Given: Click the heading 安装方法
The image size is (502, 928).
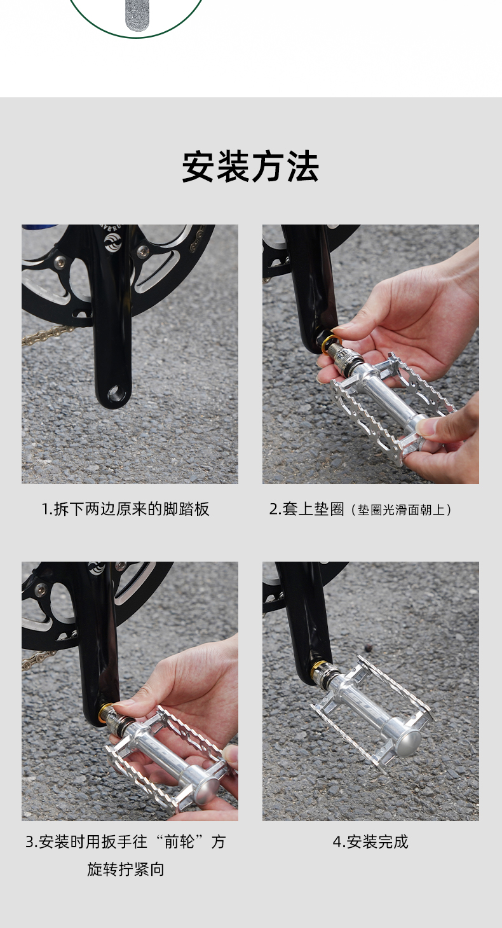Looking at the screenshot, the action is [x=250, y=167].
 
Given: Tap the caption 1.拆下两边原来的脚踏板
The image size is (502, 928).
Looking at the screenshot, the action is [x=125, y=509].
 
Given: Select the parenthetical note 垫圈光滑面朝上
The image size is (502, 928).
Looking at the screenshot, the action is [x=402, y=509].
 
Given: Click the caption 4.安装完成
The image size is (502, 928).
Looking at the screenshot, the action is [x=370, y=841].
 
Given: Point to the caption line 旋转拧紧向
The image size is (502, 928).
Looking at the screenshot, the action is [x=126, y=869].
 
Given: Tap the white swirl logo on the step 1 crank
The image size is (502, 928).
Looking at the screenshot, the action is [x=112, y=242].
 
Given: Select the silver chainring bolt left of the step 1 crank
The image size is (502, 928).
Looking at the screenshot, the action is [x=60, y=261].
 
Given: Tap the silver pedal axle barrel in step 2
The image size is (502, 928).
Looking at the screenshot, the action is [x=387, y=392].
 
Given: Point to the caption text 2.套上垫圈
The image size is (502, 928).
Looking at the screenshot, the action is [x=307, y=509].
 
